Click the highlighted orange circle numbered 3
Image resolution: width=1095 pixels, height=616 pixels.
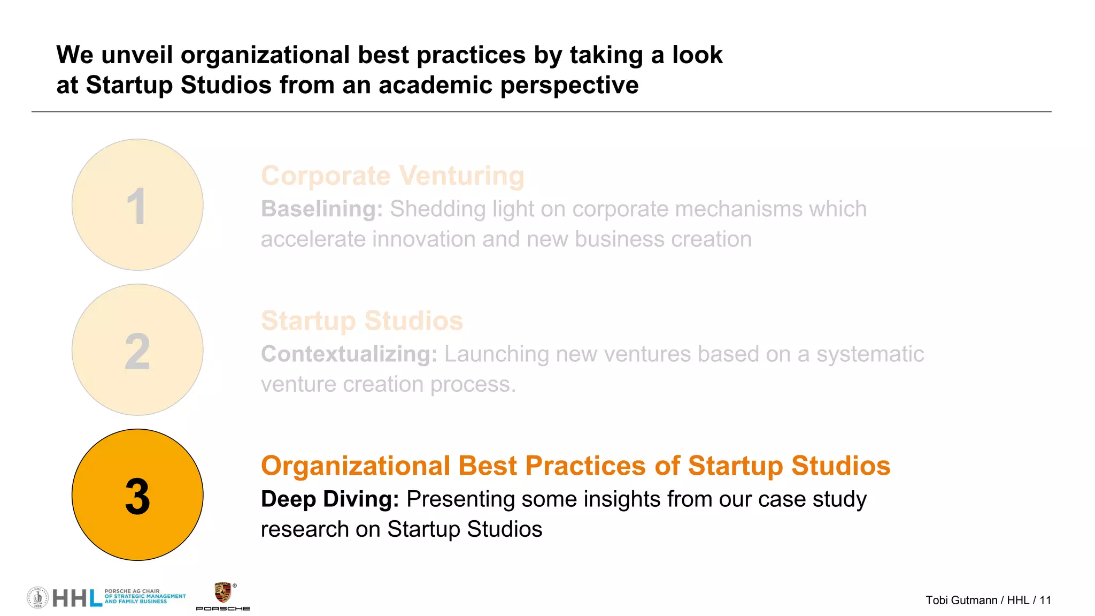click(137, 495)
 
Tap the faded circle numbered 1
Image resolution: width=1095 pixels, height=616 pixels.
click(137, 204)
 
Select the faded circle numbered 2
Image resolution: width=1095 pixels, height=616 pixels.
click(137, 349)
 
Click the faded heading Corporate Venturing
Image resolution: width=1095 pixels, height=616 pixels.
click(392, 176)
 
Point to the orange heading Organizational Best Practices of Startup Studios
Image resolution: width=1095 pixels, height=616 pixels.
click(575, 466)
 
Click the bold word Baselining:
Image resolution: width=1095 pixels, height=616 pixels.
click(322, 209)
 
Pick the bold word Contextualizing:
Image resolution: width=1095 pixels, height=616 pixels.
click(349, 354)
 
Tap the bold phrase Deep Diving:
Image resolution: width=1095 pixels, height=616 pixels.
click(330, 499)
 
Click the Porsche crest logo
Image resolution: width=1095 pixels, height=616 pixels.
click(222, 592)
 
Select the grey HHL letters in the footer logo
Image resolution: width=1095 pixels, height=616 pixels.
click(77, 598)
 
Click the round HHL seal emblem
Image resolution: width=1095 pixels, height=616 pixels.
click(37, 597)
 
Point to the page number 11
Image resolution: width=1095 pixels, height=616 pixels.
click(1045, 600)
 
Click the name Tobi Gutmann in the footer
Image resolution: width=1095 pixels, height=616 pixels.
click(961, 600)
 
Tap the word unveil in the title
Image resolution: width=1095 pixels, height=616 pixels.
click(137, 55)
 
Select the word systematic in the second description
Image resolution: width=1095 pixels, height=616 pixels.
click(870, 354)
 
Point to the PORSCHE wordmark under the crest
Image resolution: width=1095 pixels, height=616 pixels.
click(223, 609)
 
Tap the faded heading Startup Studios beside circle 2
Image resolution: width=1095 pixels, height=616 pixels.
click(362, 321)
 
